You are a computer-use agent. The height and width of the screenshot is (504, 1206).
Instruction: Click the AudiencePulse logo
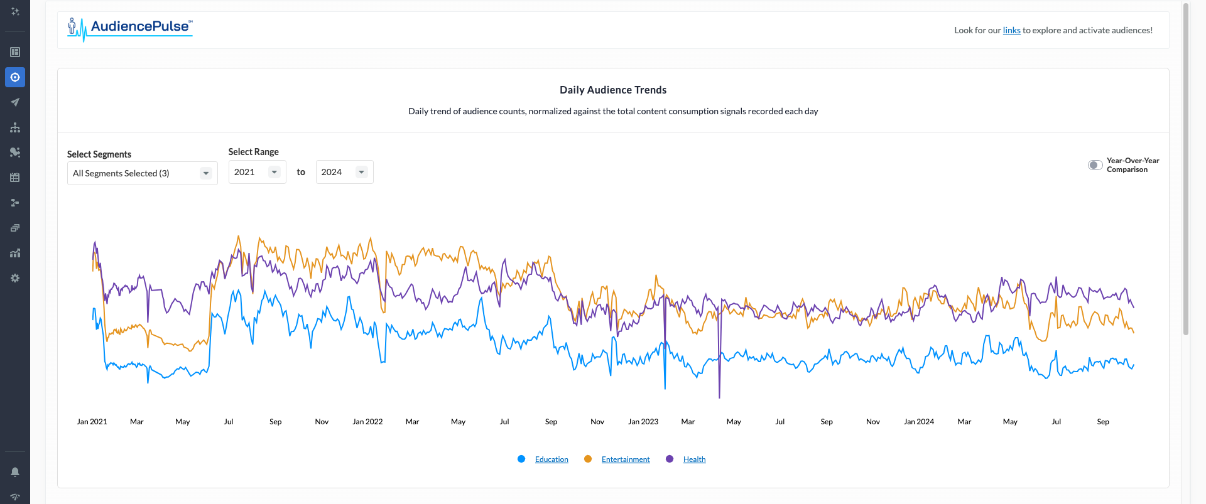[130, 28]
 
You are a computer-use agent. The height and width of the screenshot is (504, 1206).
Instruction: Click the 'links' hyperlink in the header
[1011, 30]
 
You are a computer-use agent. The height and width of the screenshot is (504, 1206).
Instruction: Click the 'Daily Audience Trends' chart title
[613, 90]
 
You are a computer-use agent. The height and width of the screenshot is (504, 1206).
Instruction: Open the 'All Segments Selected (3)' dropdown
[142, 173]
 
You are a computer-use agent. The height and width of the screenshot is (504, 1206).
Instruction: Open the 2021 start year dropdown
[257, 172]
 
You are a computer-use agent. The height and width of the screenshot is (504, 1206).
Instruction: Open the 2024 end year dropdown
[344, 172]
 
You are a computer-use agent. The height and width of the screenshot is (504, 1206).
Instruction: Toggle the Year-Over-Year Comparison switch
[1095, 165]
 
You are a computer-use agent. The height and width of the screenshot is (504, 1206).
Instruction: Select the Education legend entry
[551, 459]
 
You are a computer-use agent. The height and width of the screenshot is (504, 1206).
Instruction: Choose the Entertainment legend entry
[626, 459]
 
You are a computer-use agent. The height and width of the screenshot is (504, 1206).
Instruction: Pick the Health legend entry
[694, 459]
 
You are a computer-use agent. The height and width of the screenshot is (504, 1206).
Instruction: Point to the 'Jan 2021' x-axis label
[92, 422]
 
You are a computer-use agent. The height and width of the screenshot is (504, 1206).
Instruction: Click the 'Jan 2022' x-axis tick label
[367, 422]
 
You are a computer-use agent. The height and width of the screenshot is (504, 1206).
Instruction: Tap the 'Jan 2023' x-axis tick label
[643, 422]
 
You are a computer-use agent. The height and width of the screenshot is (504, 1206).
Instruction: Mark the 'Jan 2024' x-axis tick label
[918, 422]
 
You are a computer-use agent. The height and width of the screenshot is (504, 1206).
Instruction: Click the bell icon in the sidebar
[15, 472]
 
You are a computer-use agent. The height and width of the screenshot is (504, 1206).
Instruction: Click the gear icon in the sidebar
[15, 278]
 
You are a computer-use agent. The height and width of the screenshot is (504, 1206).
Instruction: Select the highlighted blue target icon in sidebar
[15, 77]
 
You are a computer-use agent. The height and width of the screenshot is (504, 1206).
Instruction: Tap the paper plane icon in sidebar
[15, 102]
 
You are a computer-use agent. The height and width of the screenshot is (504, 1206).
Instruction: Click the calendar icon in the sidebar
[15, 178]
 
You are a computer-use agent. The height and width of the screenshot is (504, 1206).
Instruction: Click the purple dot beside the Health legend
[670, 459]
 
